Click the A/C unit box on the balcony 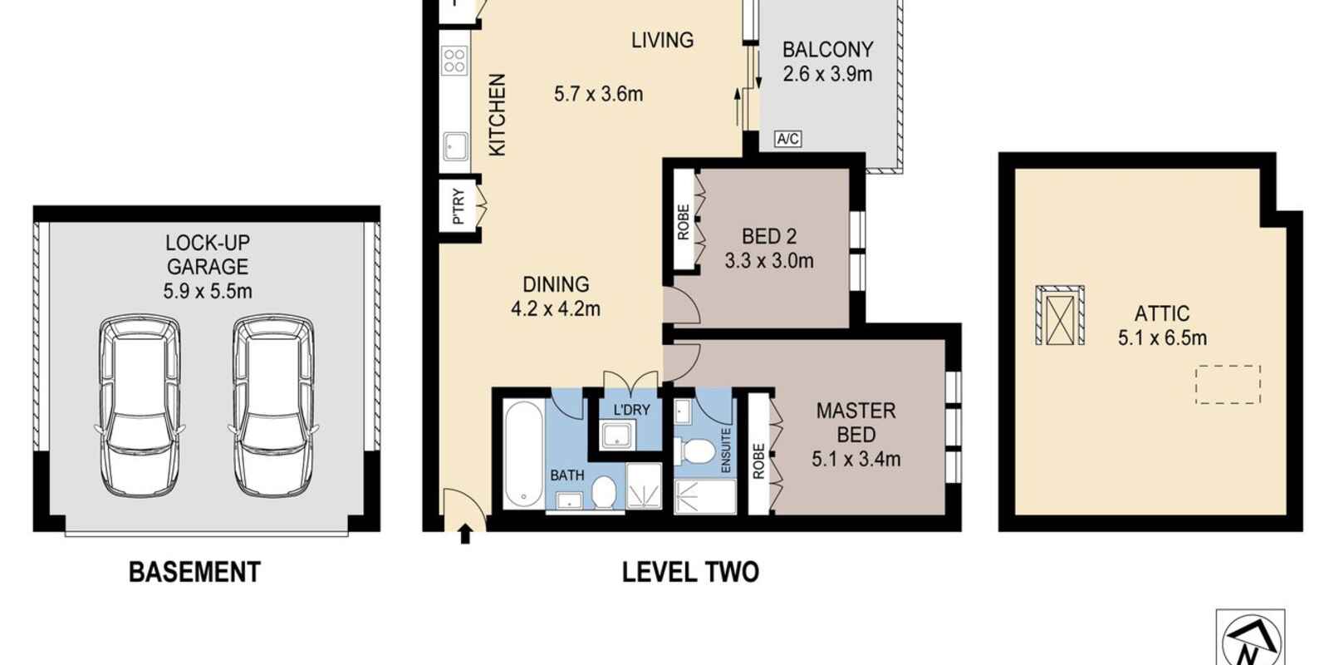[x=788, y=139]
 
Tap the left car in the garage [x=140, y=406]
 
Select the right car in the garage [x=273, y=406]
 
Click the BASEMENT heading [x=194, y=573]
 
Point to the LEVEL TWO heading [x=690, y=573]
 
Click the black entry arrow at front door [x=465, y=534]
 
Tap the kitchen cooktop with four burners [x=454, y=62]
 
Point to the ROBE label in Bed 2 [x=684, y=222]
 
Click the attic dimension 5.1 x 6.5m [x=1162, y=337]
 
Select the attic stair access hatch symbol [x=1060, y=315]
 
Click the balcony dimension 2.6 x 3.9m [x=827, y=74]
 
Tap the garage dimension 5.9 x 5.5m [x=208, y=292]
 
